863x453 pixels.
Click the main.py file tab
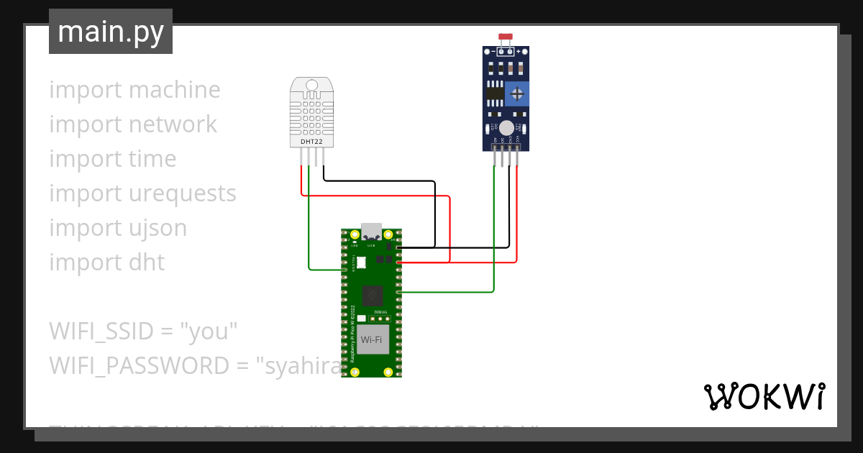(110, 32)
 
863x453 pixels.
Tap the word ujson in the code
(155, 228)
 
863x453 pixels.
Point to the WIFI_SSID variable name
(101, 331)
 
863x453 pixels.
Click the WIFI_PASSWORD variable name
(139, 366)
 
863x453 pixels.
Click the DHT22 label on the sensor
(311, 142)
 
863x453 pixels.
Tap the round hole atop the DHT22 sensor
(312, 86)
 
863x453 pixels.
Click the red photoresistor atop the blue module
(506, 37)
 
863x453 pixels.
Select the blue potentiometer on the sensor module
(516, 93)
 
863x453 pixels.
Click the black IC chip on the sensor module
(493, 93)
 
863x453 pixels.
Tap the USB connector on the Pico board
(371, 232)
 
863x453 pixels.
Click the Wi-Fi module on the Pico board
(371, 339)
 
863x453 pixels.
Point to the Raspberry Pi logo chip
(372, 294)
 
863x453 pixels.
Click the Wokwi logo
(764, 396)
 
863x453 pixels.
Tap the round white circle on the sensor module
(506, 128)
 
